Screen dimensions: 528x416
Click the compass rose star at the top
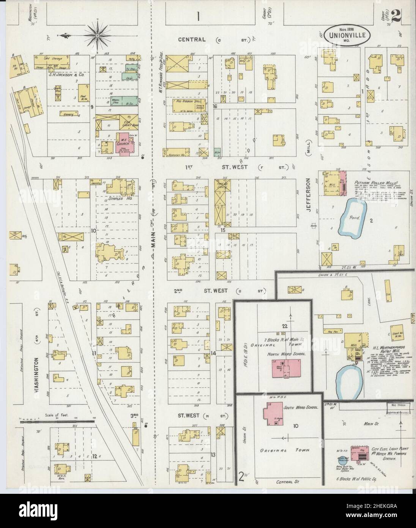(98, 35)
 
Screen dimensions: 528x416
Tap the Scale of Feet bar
(57, 421)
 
